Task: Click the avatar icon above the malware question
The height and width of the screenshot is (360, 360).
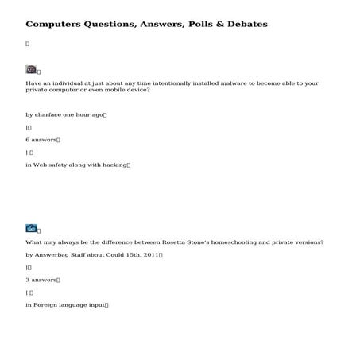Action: pyautogui.click(x=31, y=70)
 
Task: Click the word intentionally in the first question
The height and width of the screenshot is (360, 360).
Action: pyautogui.click(x=149, y=83)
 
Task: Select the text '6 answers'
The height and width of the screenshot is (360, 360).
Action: pyautogui.click(x=41, y=140)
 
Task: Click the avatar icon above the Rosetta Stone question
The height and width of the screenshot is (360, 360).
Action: pyautogui.click(x=31, y=228)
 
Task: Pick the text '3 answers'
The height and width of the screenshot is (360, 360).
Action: pyautogui.click(x=41, y=280)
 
